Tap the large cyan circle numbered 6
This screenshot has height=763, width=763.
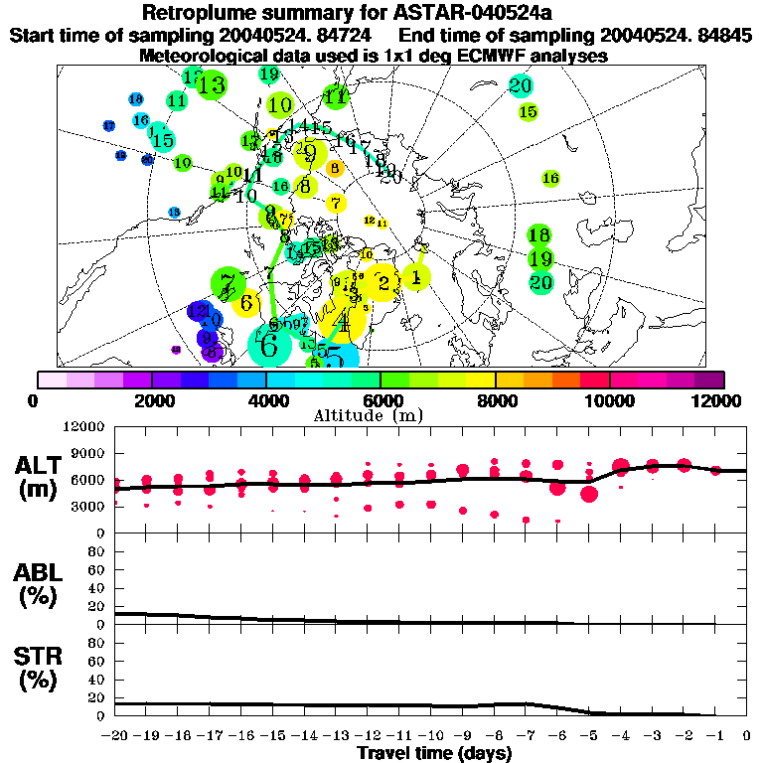click(269, 346)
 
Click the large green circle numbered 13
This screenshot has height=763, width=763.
click(211, 85)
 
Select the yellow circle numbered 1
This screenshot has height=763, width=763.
click(416, 278)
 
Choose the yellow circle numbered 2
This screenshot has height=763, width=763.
click(383, 283)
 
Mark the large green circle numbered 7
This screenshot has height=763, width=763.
click(229, 284)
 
